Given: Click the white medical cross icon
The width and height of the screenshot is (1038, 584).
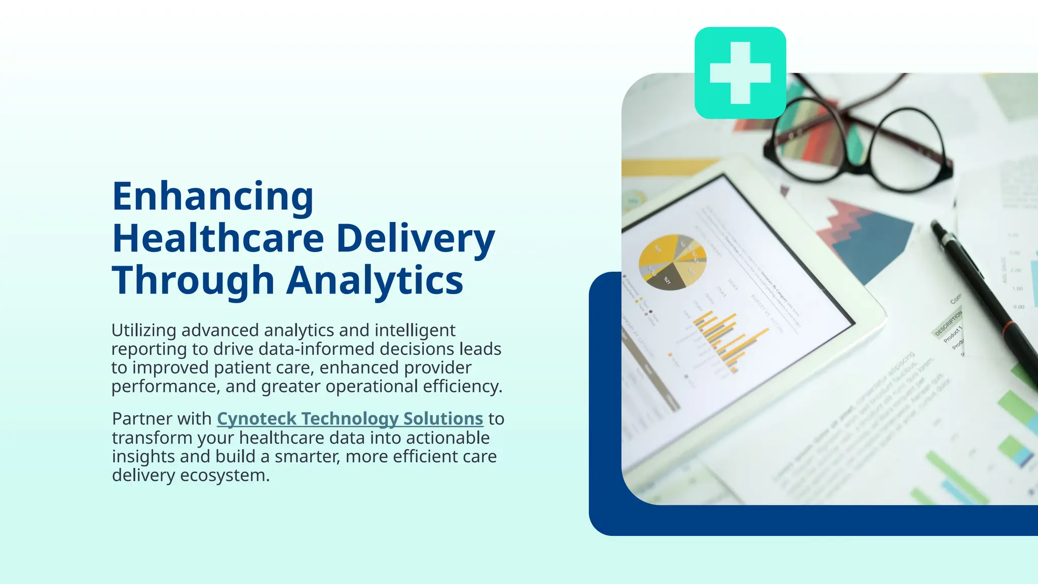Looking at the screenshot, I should [x=740, y=73].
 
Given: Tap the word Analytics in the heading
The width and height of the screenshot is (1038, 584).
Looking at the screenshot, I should [x=375, y=280].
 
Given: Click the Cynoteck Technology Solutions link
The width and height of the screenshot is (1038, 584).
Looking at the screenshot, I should [x=350, y=419].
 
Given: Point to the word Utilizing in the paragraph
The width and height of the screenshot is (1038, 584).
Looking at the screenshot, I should [x=143, y=331].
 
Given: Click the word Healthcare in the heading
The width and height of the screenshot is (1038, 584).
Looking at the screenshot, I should [x=218, y=238].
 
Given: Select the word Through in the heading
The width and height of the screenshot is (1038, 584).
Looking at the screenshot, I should [x=193, y=280].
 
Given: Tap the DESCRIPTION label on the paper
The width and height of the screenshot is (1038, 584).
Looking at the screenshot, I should [x=948, y=324].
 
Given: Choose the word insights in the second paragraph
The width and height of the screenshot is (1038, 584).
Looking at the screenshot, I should [x=143, y=457].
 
